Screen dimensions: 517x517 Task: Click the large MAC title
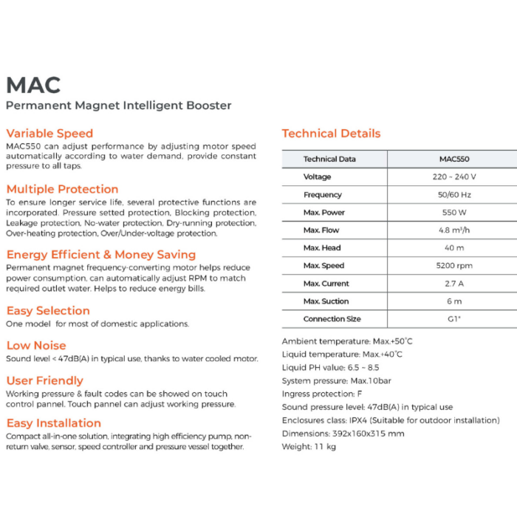[x=33, y=84]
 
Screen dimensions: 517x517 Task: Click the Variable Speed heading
[x=49, y=134]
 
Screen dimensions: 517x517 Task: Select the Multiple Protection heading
[x=62, y=189]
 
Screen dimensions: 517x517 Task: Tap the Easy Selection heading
[x=48, y=311]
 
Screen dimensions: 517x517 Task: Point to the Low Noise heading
[x=36, y=346]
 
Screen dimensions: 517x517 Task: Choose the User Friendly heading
[x=44, y=381]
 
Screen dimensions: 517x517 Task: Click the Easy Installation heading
[x=53, y=423]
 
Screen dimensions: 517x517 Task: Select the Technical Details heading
[x=331, y=134]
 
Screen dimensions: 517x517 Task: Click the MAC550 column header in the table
[x=454, y=159]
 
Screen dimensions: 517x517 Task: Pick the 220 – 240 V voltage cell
[x=454, y=177]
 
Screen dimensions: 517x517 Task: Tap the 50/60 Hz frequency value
[x=454, y=195]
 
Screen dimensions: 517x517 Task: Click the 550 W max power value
[x=454, y=213]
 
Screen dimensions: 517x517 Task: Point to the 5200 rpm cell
[x=454, y=266]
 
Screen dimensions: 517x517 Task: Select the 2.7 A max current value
[x=454, y=284]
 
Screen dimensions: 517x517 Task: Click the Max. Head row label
[x=322, y=248]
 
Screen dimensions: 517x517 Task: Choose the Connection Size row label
[x=332, y=319]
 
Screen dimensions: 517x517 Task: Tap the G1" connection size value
[x=454, y=319]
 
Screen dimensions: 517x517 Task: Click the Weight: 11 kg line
[x=309, y=447]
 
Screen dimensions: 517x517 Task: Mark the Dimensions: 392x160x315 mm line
[x=343, y=434]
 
